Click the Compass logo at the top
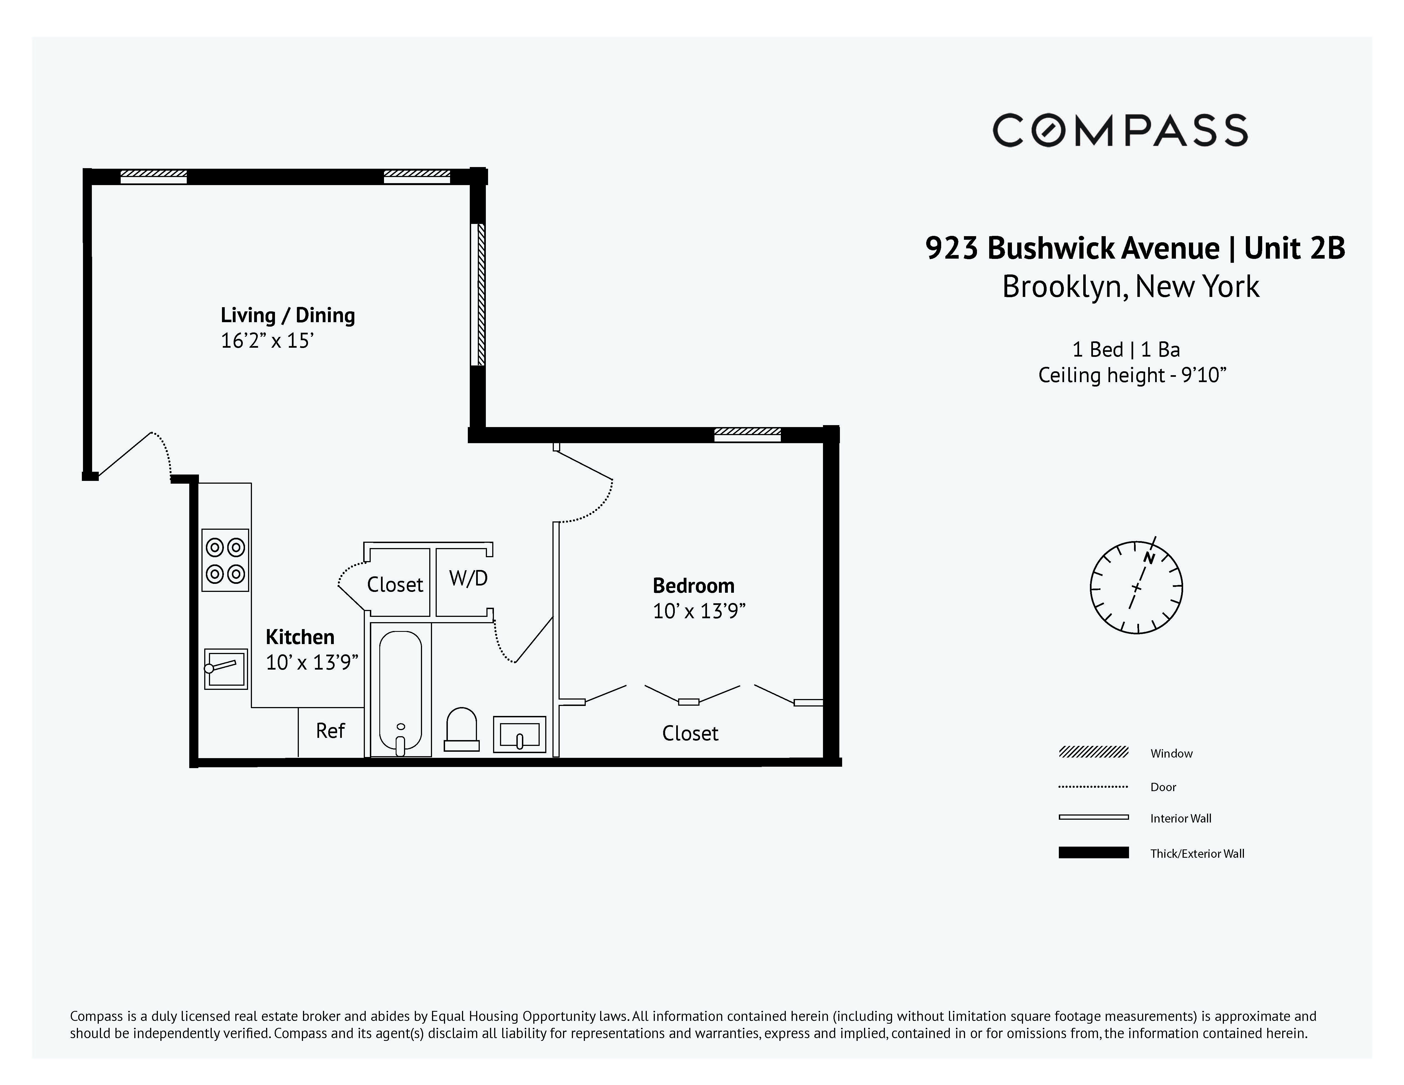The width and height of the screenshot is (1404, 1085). click(1120, 130)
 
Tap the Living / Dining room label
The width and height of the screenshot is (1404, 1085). click(287, 315)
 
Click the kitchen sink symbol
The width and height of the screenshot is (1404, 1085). click(226, 668)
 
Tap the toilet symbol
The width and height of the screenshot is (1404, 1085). click(461, 730)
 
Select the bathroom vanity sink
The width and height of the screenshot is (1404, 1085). click(519, 734)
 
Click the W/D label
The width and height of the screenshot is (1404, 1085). click(468, 579)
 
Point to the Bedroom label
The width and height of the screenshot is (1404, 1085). click(693, 586)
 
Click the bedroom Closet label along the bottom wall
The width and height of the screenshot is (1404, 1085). click(690, 733)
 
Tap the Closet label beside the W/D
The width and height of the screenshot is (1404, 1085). click(395, 584)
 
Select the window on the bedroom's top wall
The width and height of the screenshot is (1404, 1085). click(747, 435)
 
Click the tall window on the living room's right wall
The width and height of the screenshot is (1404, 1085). click(478, 294)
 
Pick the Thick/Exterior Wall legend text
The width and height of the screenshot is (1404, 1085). click(1197, 854)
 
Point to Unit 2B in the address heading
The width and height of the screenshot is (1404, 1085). click(1294, 248)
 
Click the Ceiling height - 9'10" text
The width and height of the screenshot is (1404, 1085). click(1132, 375)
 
